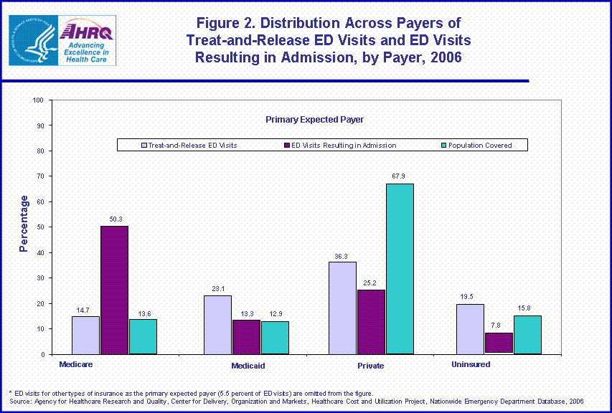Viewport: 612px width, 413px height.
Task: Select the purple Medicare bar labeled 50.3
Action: (114, 290)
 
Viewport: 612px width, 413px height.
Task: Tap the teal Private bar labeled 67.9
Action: (399, 269)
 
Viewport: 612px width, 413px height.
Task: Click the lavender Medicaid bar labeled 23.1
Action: (217, 325)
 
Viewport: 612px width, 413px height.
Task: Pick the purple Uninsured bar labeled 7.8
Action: (499, 343)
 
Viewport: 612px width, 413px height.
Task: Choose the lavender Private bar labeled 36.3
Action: (342, 308)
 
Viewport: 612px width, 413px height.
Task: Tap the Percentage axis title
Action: (24, 224)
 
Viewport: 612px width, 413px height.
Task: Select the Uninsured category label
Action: (471, 364)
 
